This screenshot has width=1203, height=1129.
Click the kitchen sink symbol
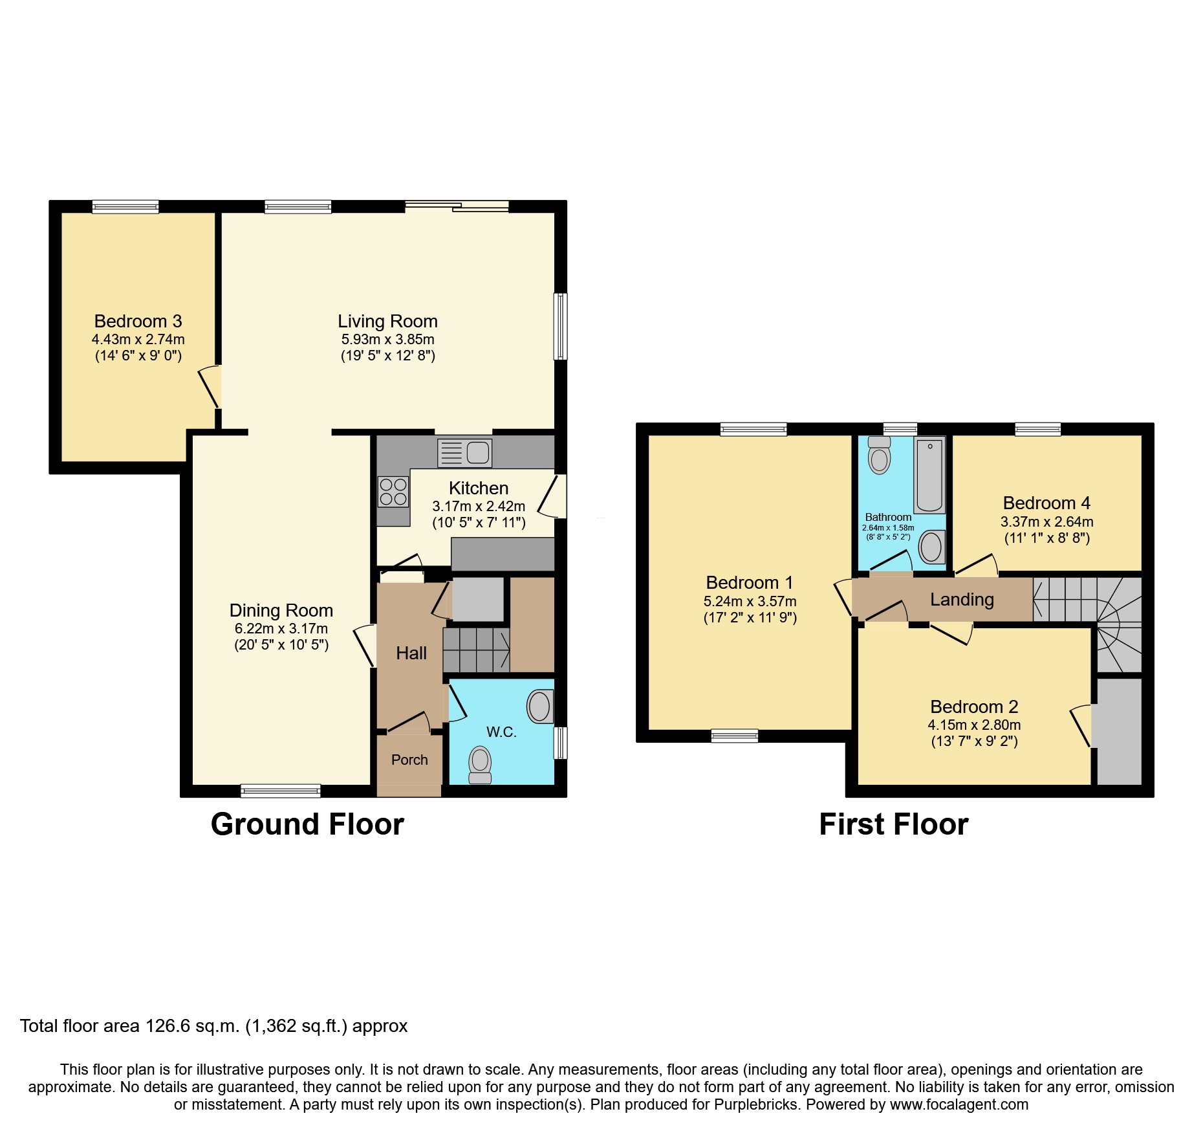[465, 452]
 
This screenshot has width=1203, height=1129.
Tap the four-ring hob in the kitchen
[393, 492]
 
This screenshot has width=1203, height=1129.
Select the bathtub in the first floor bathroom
[929, 474]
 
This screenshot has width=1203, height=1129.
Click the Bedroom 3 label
[138, 321]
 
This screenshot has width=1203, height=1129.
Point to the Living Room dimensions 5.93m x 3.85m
[387, 339]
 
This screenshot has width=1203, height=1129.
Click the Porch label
[409, 760]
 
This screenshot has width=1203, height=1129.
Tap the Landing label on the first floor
[962, 599]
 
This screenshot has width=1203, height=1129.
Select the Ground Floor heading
[307, 824]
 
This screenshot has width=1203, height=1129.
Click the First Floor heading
[893, 824]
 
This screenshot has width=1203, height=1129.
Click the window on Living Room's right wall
[561, 326]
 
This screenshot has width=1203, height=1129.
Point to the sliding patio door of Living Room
[457, 206]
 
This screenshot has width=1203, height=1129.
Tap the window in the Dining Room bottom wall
[281, 790]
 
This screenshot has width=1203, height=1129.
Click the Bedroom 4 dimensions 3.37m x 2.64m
[1046, 521]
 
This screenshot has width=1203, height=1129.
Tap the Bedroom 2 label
[974, 707]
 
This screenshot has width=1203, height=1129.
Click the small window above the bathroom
[900, 428]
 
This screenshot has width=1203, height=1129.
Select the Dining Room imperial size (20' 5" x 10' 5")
[281, 644]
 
